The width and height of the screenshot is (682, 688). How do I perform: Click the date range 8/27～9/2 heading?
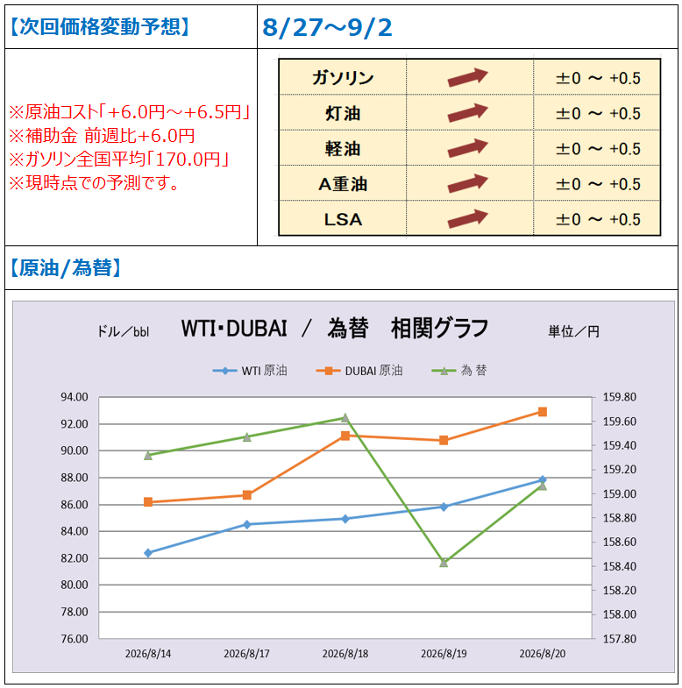click(327, 27)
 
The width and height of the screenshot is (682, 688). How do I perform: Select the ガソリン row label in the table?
click(343, 78)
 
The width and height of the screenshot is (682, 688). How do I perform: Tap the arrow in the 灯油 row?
click(467, 113)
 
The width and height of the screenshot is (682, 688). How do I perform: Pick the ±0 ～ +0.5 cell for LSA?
click(598, 219)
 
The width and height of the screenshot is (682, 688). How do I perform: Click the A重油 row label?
click(343, 184)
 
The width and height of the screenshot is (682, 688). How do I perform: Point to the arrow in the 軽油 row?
click(467, 148)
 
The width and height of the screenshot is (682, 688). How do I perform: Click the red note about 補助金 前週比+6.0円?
click(102, 136)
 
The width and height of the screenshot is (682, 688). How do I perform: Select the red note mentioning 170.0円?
click(119, 159)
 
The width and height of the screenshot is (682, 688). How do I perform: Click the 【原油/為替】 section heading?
click(65, 267)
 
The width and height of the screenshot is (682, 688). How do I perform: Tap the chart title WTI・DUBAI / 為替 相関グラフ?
click(334, 328)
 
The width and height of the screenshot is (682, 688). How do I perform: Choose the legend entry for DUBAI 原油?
click(359, 371)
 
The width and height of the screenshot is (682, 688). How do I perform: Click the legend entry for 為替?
click(459, 371)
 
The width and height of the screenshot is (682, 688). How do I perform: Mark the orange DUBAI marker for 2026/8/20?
click(543, 412)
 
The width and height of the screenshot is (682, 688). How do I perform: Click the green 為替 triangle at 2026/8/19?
click(444, 562)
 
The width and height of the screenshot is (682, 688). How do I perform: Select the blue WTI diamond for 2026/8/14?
click(148, 553)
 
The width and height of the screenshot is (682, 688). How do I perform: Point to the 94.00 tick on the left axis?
click(75, 397)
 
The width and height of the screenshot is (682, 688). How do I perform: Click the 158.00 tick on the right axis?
click(619, 614)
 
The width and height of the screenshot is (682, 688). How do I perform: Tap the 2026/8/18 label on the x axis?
click(345, 654)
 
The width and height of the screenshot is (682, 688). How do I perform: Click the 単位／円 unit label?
click(573, 331)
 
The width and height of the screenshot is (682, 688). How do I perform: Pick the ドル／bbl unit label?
click(124, 331)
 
